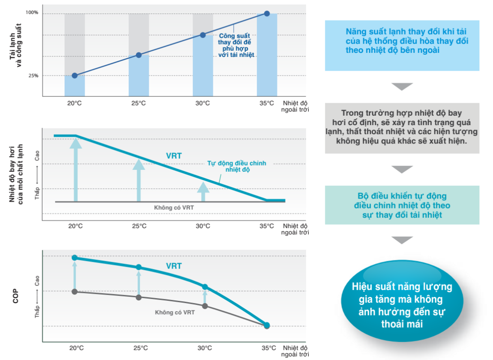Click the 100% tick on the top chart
click(32, 13)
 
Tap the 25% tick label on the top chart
click(33, 75)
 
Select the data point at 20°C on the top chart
click(74, 75)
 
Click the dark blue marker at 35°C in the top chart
click(267, 13)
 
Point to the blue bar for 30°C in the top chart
click(203, 65)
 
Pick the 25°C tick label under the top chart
click(138, 103)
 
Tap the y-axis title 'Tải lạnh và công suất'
click(15, 45)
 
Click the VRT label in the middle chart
click(174, 156)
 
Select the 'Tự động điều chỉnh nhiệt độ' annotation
click(237, 166)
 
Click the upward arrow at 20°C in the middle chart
click(75, 169)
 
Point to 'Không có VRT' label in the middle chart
click(174, 208)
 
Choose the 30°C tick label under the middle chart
click(203, 226)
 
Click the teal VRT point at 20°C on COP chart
click(74, 257)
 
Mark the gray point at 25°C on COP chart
click(138, 297)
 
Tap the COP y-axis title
click(15, 296)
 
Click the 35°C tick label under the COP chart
click(269, 348)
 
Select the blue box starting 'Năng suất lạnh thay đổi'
click(402, 46)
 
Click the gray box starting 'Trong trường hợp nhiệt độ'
click(402, 128)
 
